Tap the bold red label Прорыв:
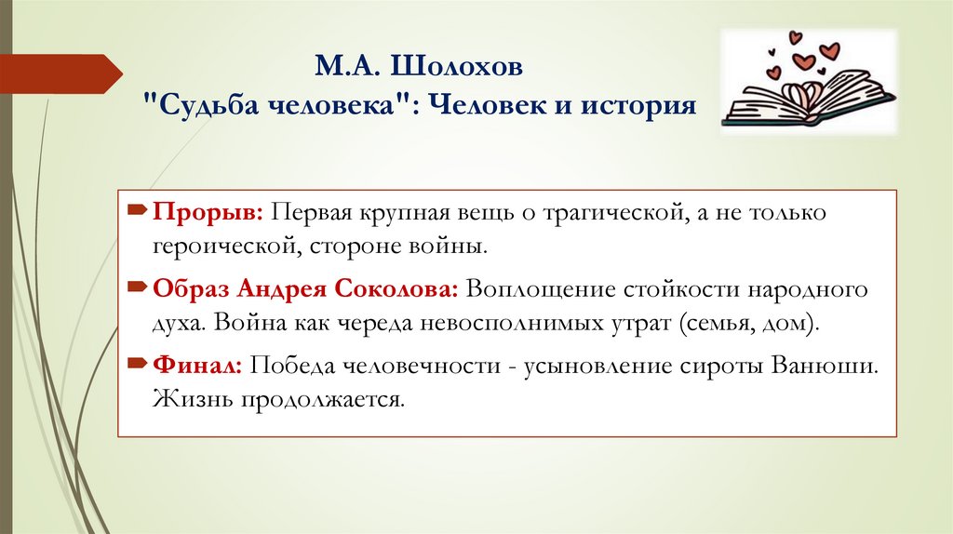[x=208, y=213]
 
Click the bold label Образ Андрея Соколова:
[x=305, y=289]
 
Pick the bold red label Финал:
[x=198, y=366]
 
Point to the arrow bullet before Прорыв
[x=136, y=213]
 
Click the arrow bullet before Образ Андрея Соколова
[x=136, y=289]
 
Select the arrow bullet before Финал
[x=136, y=366]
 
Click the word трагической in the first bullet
[x=605, y=213]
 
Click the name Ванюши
[x=823, y=366]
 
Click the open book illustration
[x=807, y=100]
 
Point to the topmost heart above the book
[x=795, y=38]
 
